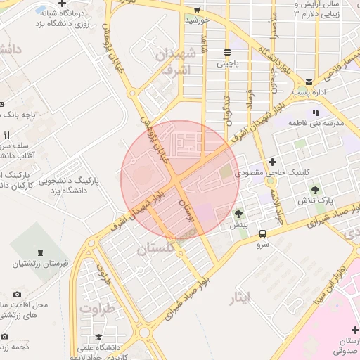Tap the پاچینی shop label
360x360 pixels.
pyautogui.click(x=227, y=63)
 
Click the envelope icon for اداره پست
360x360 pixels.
pyautogui.click(x=309, y=82)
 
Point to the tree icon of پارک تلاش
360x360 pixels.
pyautogui.click(x=314, y=189)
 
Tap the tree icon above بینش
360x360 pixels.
pyautogui.click(x=239, y=214)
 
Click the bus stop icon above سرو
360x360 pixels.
pyautogui.click(x=262, y=234)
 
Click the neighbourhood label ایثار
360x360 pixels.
pyautogui.click(x=240, y=298)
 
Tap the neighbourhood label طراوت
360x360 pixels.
pyautogui.click(x=97, y=308)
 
